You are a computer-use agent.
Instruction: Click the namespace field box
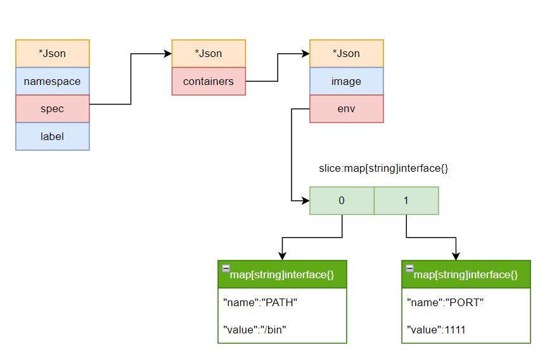(x=53, y=81)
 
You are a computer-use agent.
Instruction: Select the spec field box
(x=53, y=108)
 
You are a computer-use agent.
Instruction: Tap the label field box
(x=53, y=136)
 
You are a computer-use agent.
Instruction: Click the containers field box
(x=209, y=81)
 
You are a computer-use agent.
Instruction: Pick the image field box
(x=346, y=81)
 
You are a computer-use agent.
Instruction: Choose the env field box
(x=346, y=108)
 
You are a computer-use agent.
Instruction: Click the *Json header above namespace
(x=53, y=53)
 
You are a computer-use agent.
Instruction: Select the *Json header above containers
(x=209, y=53)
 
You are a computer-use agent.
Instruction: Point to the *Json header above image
(x=346, y=53)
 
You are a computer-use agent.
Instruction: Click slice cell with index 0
(x=342, y=200)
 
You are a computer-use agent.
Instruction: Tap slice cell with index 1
(x=406, y=200)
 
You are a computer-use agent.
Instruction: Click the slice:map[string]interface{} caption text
(x=383, y=169)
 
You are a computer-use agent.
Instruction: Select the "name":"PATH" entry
(x=260, y=302)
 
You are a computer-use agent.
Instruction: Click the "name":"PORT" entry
(x=445, y=302)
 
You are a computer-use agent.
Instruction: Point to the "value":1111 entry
(x=438, y=330)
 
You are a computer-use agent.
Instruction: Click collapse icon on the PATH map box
(x=226, y=268)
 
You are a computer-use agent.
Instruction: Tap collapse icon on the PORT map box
(x=409, y=268)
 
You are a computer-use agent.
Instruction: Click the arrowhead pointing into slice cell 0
(x=305, y=200)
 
